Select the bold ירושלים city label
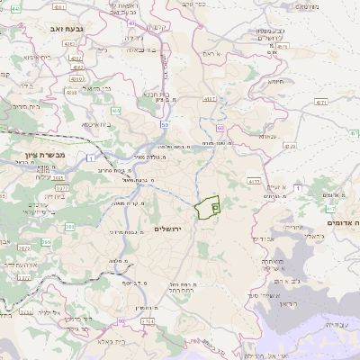click(168, 229)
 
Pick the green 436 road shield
click(116, 111)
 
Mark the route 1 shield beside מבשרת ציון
click(91, 158)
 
